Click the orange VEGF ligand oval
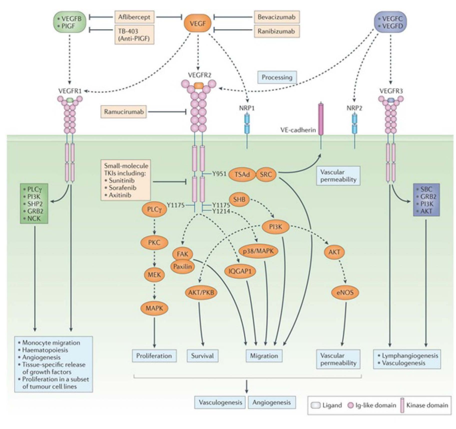[x=197, y=24]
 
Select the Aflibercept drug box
[x=134, y=17]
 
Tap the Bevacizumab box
[x=276, y=17]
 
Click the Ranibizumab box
[x=276, y=31]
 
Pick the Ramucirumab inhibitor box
[x=124, y=112]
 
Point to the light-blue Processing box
[x=277, y=77]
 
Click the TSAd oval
[x=242, y=174]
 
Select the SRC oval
[x=266, y=174]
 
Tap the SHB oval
[x=239, y=200]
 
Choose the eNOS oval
[x=345, y=292]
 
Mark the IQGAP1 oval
[x=240, y=271]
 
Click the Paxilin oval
[x=182, y=267]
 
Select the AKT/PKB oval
[x=201, y=292]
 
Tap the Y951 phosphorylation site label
[x=219, y=174]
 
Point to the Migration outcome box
[x=264, y=356]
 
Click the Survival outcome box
[x=202, y=356]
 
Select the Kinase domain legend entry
[x=427, y=405]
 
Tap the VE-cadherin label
[x=298, y=130]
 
